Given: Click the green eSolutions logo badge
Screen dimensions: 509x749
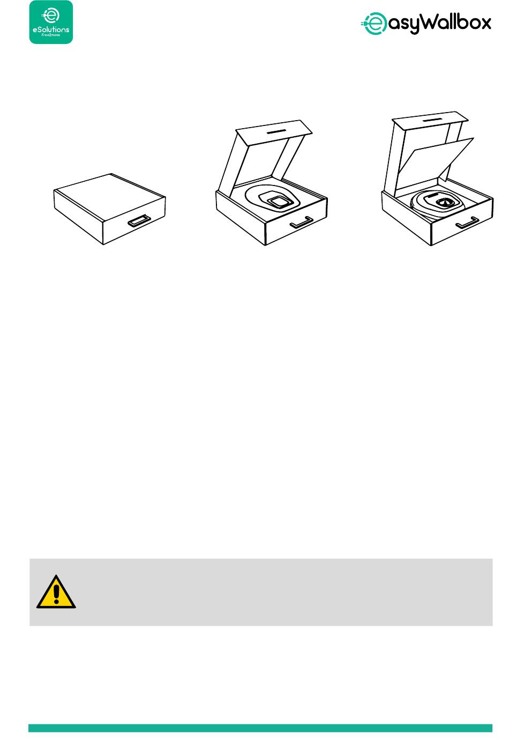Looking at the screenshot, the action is click(51, 22).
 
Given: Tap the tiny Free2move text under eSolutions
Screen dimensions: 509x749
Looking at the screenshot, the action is click(51, 35).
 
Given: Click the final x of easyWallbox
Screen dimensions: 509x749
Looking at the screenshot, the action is click(485, 24).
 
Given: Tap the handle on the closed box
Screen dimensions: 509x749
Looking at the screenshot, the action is click(140, 221).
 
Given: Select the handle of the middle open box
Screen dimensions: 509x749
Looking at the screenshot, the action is click(302, 223).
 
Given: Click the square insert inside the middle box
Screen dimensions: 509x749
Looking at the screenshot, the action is click(279, 202).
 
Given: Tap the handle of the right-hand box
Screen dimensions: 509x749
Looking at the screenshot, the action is click(468, 223).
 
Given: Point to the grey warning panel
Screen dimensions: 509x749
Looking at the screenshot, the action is click(261, 592).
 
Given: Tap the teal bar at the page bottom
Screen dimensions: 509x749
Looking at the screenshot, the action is click(260, 728).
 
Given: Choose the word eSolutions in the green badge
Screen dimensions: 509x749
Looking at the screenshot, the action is click(51, 29).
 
